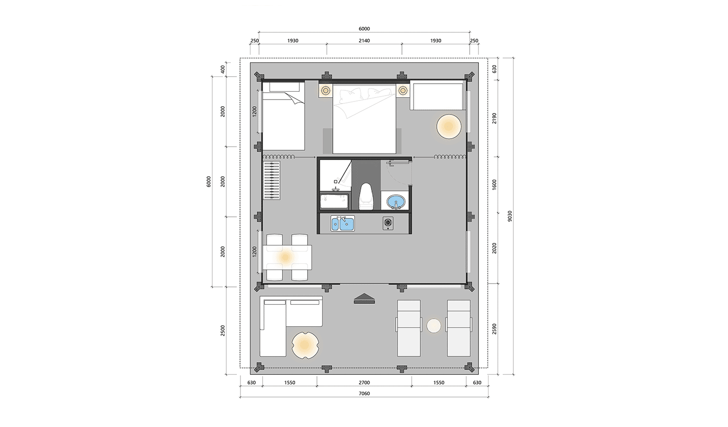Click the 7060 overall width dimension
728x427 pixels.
(364, 394)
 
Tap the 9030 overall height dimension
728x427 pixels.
(510, 216)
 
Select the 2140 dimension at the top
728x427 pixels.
(364, 41)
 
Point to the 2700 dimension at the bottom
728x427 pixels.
(364, 383)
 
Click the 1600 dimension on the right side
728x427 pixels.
(494, 185)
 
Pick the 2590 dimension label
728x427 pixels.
(494, 329)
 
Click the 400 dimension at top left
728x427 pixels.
(223, 69)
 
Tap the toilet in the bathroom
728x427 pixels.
(366, 196)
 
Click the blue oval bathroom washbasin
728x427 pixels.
(396, 202)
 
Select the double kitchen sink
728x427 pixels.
(342, 224)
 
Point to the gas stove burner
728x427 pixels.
(388, 223)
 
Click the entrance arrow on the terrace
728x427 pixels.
(364, 299)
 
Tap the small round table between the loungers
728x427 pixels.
(433, 326)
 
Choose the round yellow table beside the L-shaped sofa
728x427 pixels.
(305, 344)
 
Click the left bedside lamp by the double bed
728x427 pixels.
(326, 90)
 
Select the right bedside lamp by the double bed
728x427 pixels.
(403, 90)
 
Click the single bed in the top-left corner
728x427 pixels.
(283, 116)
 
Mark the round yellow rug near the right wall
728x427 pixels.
(449, 127)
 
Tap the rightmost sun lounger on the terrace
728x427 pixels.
(459, 328)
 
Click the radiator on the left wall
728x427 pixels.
(272, 180)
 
